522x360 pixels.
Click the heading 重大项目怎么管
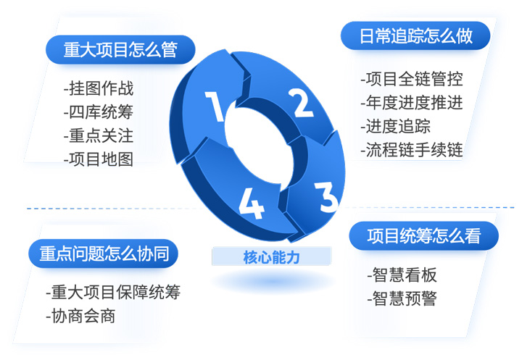120,49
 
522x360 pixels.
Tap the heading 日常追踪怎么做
415,35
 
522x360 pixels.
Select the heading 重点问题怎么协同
104,254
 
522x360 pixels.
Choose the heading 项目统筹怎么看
424,235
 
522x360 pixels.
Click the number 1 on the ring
215,106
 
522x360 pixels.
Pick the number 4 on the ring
252,204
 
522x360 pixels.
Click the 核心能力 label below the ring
272,257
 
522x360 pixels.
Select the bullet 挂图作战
99,88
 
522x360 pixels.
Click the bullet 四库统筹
99,112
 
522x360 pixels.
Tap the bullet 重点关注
99,135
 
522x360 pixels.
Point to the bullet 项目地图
99,159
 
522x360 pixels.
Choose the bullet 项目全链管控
412,79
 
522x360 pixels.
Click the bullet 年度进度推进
412,102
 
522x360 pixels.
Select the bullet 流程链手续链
412,150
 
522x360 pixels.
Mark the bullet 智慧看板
402,275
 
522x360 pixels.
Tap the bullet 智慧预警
402,298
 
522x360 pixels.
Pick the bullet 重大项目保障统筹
113,292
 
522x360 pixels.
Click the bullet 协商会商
80,316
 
